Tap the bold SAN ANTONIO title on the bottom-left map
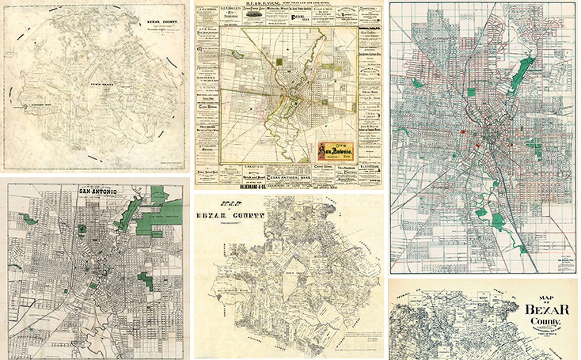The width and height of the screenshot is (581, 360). (x=97, y=191)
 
